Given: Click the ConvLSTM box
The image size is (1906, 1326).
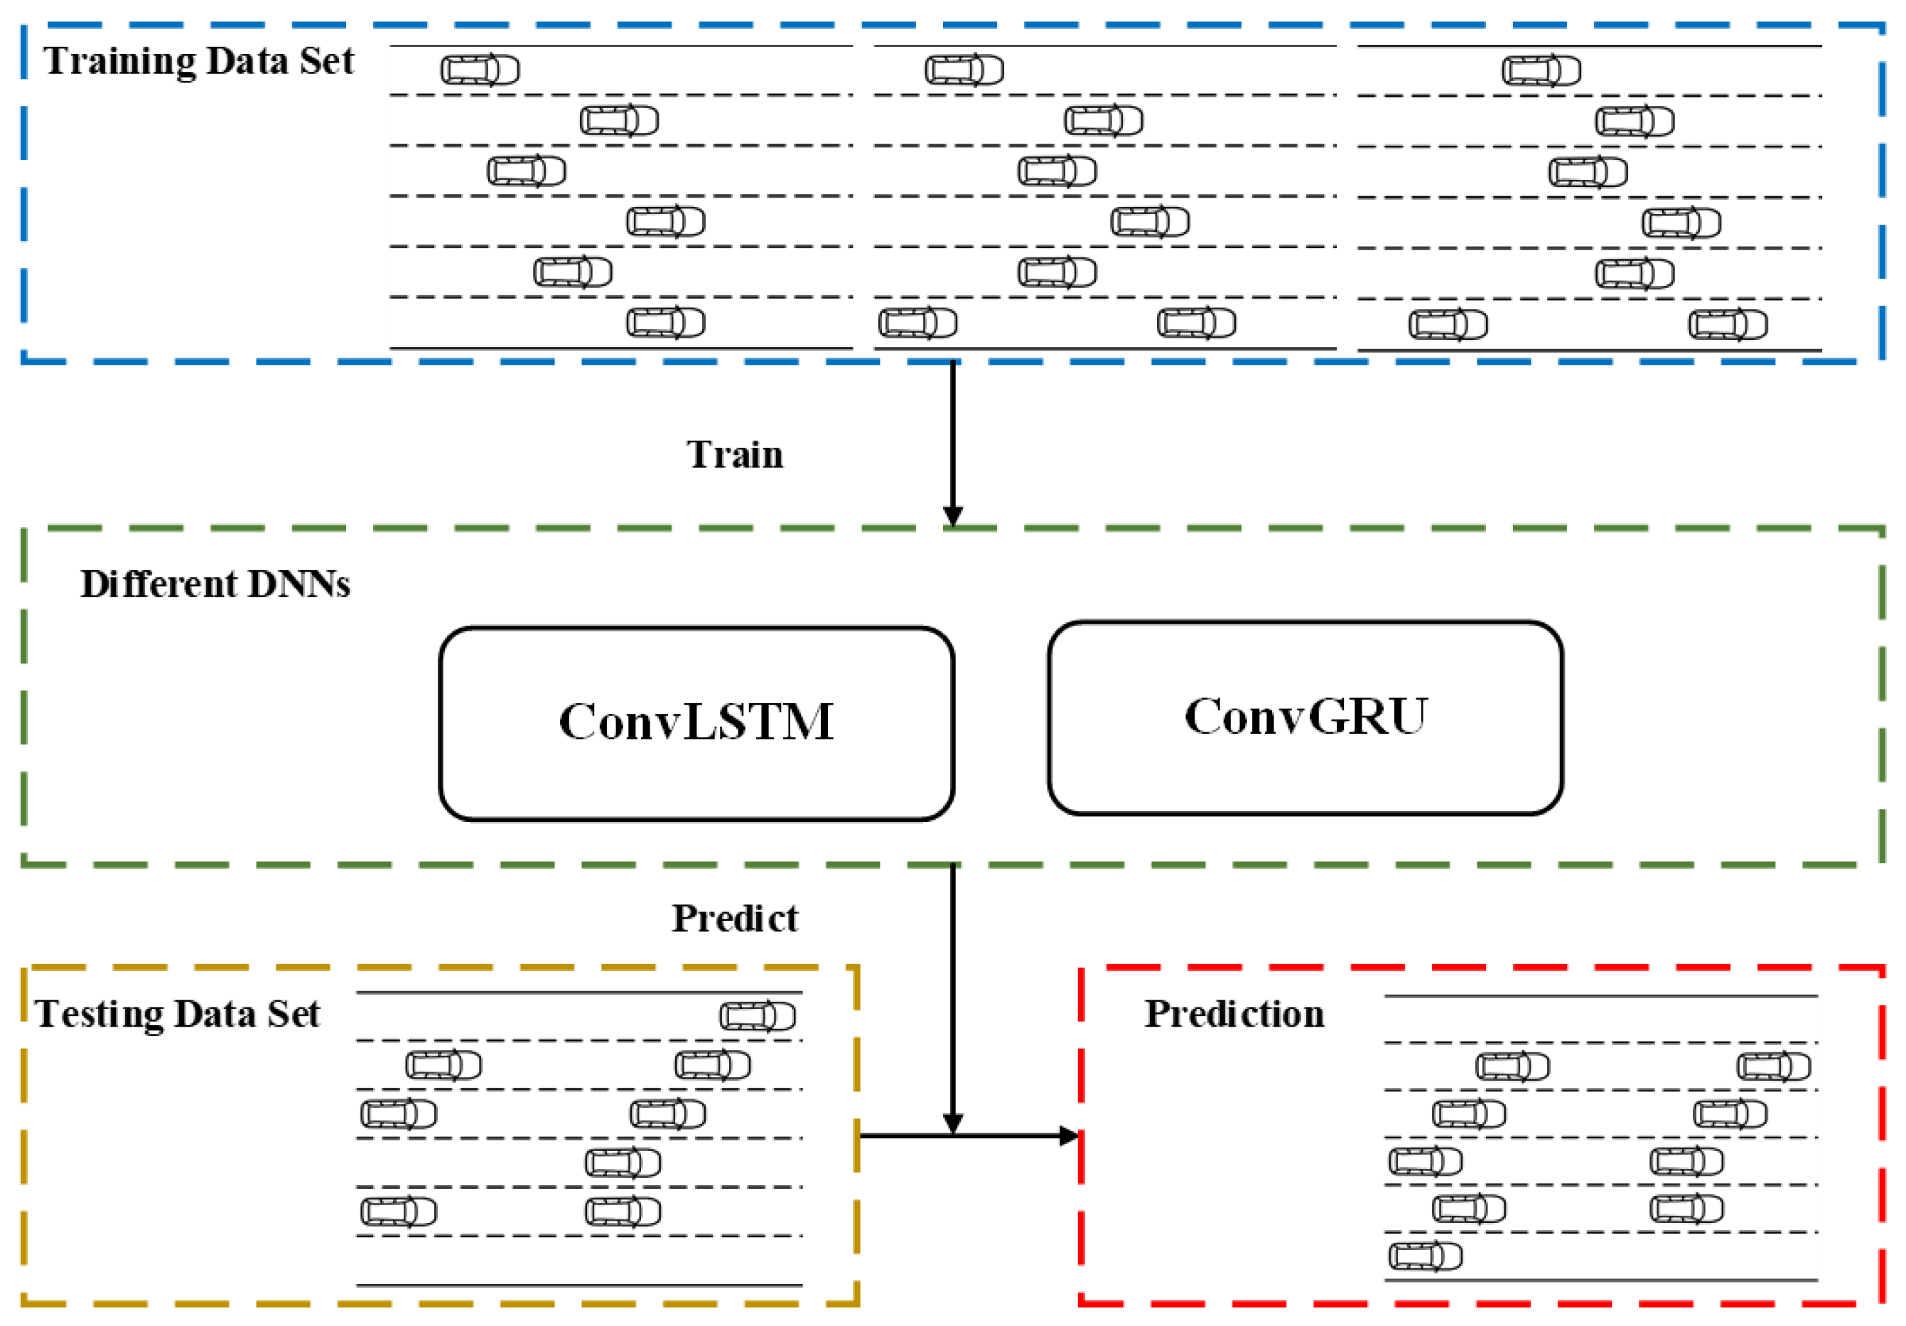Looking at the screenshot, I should (x=696, y=723).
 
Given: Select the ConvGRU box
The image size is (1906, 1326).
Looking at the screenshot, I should (x=1304, y=717).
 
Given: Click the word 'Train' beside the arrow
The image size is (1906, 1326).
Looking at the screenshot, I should (x=734, y=455).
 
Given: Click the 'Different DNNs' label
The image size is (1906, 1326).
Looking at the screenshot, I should (x=214, y=584).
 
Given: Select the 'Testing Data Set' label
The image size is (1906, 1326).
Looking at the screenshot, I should (x=177, y=1014).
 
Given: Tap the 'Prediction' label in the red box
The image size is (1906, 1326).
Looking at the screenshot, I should (x=1234, y=1014).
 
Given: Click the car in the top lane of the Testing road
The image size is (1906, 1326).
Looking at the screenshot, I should (x=757, y=1015).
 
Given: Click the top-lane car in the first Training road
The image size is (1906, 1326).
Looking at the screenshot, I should (x=480, y=70).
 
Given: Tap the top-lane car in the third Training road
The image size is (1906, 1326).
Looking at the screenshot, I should (x=1541, y=70).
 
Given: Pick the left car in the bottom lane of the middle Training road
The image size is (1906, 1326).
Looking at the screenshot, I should (x=917, y=322).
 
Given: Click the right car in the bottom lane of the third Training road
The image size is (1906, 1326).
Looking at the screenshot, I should (x=1728, y=324).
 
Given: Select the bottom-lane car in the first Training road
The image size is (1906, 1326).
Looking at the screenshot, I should (x=665, y=322).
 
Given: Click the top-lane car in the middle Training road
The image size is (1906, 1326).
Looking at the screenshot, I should (x=964, y=70).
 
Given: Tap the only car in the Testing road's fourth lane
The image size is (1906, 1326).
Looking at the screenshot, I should (x=623, y=1162).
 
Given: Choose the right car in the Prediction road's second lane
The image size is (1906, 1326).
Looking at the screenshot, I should (x=1773, y=1066).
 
